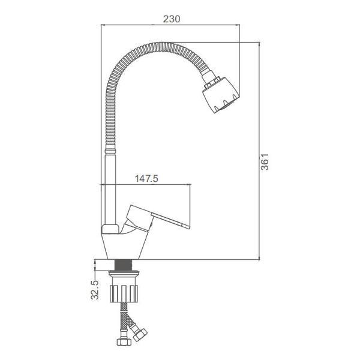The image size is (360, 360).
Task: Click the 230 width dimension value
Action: [x=172, y=19]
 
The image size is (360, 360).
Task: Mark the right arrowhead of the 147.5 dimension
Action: [x=190, y=185]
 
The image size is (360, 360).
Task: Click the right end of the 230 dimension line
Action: [x=239, y=26]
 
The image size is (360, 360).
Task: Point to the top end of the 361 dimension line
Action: [x=259, y=43]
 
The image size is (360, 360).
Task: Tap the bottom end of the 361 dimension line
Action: [x=259, y=259]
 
